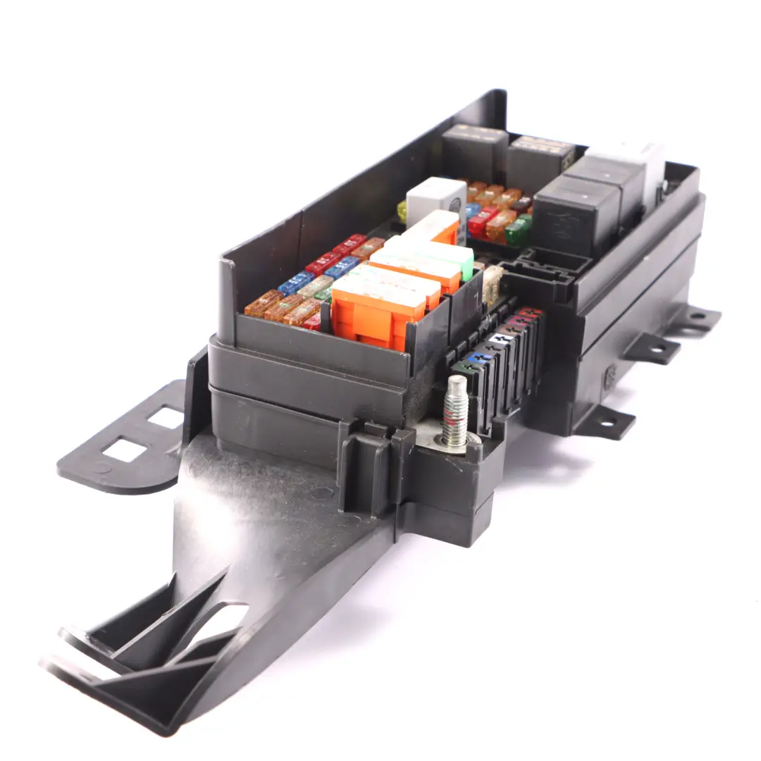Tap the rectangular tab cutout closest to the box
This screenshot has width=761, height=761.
tap(166, 417)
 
